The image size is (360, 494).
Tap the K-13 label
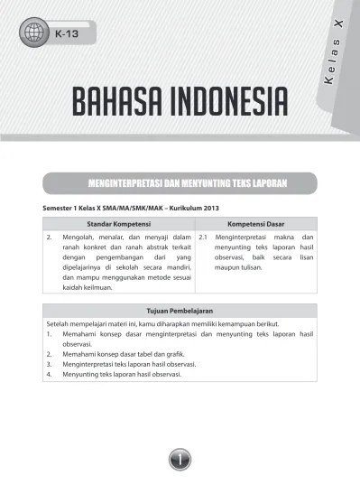(66, 35)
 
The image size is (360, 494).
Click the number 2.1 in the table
(203, 237)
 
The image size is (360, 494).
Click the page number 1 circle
(180, 461)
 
